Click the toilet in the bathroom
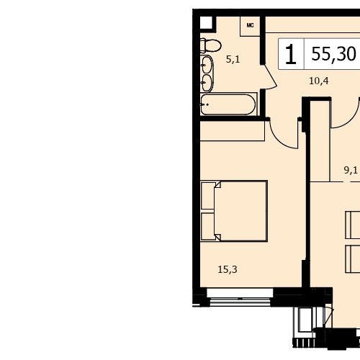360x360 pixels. pyautogui.click(x=210, y=45)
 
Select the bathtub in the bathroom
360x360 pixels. pyautogui.click(x=228, y=104)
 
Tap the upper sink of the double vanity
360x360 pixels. pyautogui.click(x=207, y=65)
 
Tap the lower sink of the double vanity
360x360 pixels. pyautogui.click(x=207, y=83)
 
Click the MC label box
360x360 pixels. pyautogui.click(x=250, y=26)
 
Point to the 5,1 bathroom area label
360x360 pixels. pyautogui.click(x=233, y=59)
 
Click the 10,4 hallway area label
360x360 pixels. pyautogui.click(x=319, y=81)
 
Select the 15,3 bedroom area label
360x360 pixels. pyautogui.click(x=228, y=269)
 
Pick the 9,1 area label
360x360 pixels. pyautogui.click(x=351, y=170)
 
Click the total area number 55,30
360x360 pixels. pyautogui.click(x=333, y=54)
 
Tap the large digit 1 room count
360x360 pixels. pyautogui.click(x=291, y=54)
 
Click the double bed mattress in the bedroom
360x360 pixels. pyautogui.click(x=240, y=211)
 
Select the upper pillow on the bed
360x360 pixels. pyautogui.click(x=208, y=196)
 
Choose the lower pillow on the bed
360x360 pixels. pyautogui.click(x=208, y=226)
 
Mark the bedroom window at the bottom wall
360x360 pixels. pyautogui.click(x=240, y=297)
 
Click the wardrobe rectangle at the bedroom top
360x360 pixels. pyautogui.click(x=233, y=131)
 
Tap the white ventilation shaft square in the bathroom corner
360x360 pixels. pyautogui.click(x=206, y=22)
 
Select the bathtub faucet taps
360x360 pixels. pyautogui.click(x=204, y=104)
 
